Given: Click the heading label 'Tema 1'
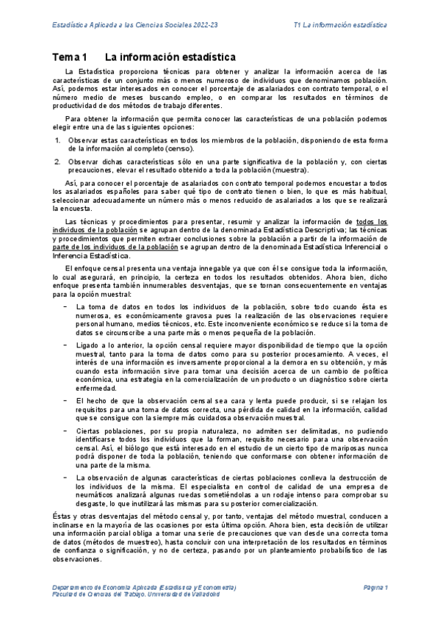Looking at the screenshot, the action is (70, 57).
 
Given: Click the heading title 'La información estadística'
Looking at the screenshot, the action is (170, 57).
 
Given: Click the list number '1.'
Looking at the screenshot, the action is (58, 139).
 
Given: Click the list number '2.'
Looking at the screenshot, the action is (58, 160).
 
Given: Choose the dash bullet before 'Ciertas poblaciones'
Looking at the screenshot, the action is (66, 428).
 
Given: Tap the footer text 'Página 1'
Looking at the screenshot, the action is (375, 587).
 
